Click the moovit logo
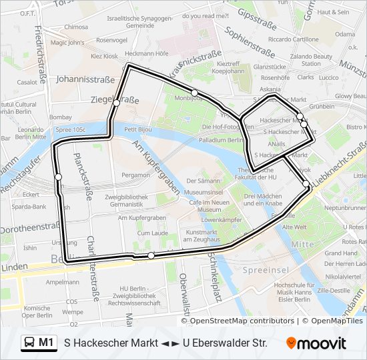(316, 343)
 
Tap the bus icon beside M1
(30, 343)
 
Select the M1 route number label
(46, 343)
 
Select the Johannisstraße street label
(85, 79)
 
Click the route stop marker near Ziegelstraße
(116, 103)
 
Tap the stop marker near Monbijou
(194, 93)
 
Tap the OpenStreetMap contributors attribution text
(242, 321)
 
